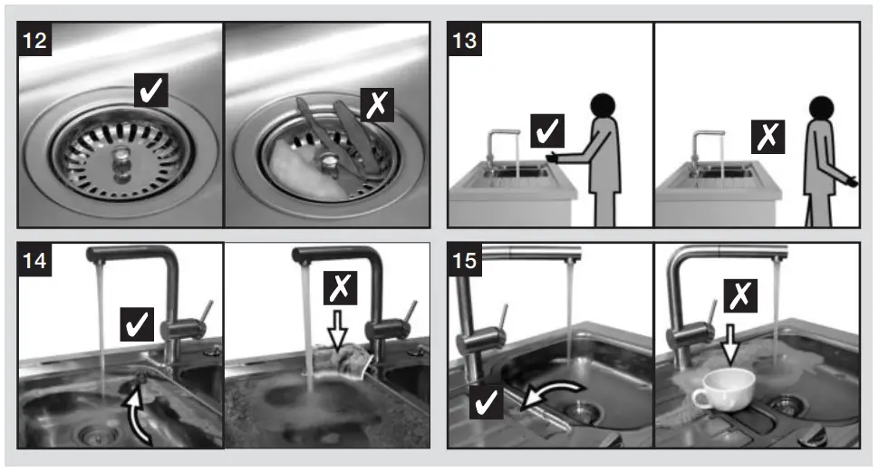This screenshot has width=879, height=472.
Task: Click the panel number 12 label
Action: (x=35, y=41)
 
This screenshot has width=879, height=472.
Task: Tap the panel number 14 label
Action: (x=35, y=262)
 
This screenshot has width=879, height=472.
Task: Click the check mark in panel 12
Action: (x=151, y=91)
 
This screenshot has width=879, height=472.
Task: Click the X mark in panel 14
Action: (x=339, y=289)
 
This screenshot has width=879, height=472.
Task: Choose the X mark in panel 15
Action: (x=740, y=295)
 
